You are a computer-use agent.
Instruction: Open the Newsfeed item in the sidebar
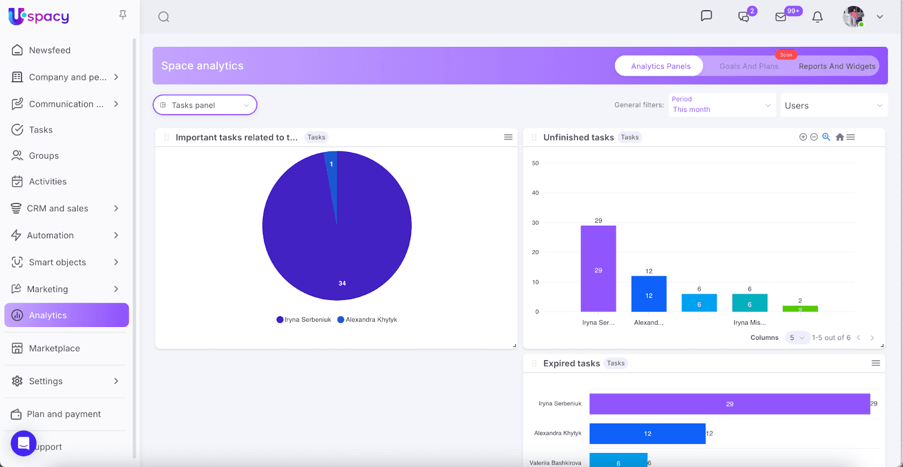pyautogui.click(x=50, y=50)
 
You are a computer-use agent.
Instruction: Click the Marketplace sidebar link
pyautogui.click(x=54, y=348)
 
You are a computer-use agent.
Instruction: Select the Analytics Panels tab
pyautogui.click(x=660, y=66)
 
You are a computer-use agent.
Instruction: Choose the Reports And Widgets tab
pyautogui.click(x=836, y=66)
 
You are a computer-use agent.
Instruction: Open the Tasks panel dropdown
pyautogui.click(x=205, y=105)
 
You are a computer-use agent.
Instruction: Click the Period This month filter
pyautogui.click(x=721, y=105)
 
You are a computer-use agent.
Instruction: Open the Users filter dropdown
pyautogui.click(x=833, y=106)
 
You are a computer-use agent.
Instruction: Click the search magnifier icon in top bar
pyautogui.click(x=164, y=17)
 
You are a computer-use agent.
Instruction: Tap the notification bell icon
pyautogui.click(x=817, y=17)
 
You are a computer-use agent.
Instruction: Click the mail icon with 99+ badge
pyautogui.click(x=781, y=17)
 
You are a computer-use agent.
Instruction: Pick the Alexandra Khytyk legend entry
pyautogui.click(x=367, y=320)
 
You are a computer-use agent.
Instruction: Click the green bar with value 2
pyautogui.click(x=800, y=309)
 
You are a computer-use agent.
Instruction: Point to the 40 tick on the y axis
pyautogui.click(x=535, y=193)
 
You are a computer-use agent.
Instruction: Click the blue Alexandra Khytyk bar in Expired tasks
pyautogui.click(x=647, y=434)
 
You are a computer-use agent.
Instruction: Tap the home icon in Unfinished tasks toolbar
pyautogui.click(x=840, y=137)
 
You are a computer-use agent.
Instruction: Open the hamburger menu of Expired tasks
pyautogui.click(x=875, y=363)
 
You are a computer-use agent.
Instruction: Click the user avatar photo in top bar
pyautogui.click(x=853, y=17)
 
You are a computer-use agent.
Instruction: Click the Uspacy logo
pyautogui.click(x=39, y=16)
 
